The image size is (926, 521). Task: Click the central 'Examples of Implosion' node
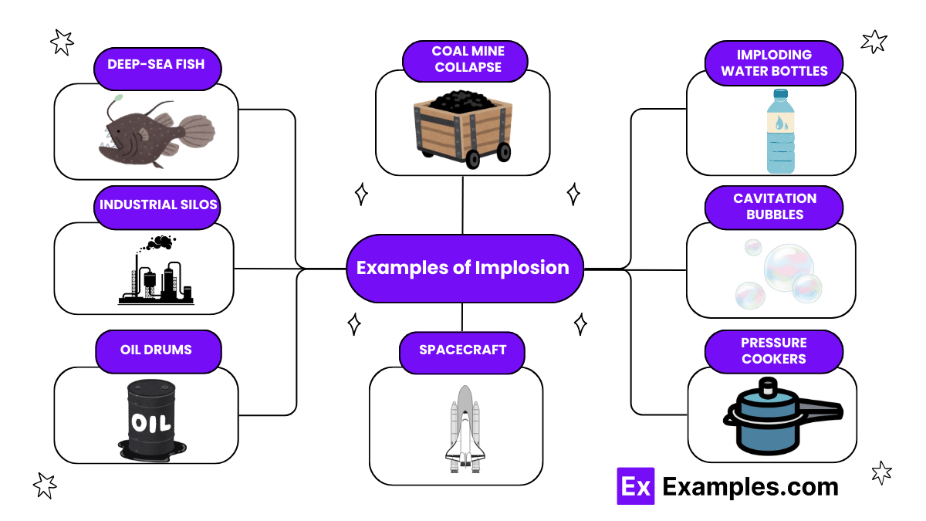(x=463, y=268)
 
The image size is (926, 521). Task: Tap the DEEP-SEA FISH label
(x=157, y=63)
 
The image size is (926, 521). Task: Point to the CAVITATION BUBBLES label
(x=774, y=206)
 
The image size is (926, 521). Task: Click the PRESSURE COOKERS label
(x=773, y=350)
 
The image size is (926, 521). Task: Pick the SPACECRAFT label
(x=462, y=350)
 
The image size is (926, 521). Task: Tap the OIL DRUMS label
(x=157, y=350)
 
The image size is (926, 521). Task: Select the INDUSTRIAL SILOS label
(x=159, y=206)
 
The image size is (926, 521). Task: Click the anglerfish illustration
(x=154, y=131)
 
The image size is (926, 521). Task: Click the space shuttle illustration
(x=464, y=428)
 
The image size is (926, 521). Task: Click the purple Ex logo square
(x=635, y=486)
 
